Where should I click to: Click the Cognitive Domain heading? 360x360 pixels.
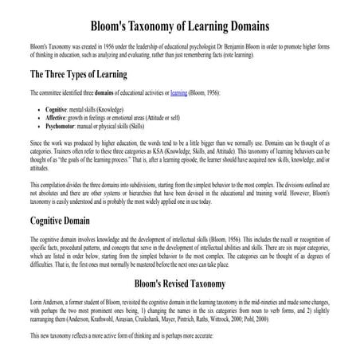[x=71, y=219]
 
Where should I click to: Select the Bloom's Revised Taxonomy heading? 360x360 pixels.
[x=179, y=283]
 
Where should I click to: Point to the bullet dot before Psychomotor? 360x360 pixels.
[x=31, y=125]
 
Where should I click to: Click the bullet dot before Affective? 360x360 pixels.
[x=31, y=116]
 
